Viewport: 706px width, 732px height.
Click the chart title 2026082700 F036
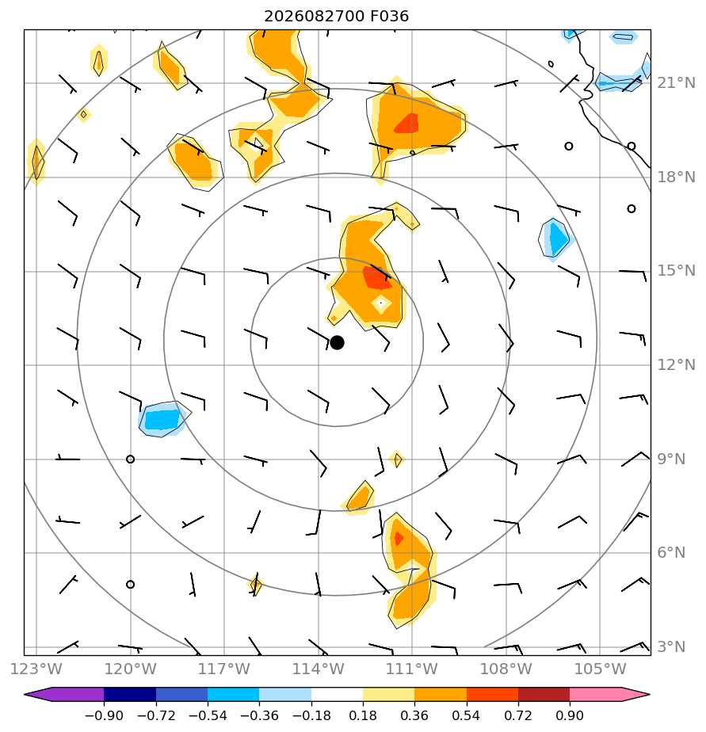pos(336,17)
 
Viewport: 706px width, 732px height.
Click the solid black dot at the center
pos(337,343)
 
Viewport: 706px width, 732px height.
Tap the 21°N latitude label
pos(676,83)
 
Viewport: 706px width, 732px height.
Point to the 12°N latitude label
pos(676,364)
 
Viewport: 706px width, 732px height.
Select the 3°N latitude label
pos(671,646)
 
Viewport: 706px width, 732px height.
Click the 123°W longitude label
pos(36,669)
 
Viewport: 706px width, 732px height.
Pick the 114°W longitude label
pos(318,669)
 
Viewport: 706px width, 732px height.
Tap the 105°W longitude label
pos(600,669)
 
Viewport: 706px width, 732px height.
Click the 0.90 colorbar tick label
pos(570,715)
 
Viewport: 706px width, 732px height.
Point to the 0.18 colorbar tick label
pos(363,715)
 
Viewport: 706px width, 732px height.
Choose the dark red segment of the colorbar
pos(544,694)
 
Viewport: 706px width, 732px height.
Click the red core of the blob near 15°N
pos(377,278)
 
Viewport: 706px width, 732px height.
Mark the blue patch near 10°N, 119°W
pos(162,419)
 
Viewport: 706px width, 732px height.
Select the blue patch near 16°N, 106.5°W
pos(555,239)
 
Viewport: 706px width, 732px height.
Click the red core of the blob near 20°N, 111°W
pos(407,124)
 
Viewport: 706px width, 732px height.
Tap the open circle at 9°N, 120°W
pos(130,459)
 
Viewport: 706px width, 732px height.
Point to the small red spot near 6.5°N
pos(399,539)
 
